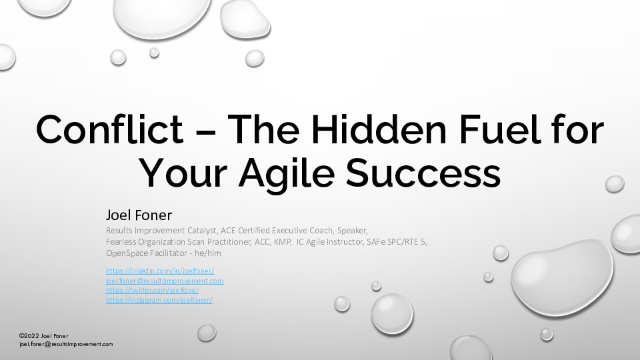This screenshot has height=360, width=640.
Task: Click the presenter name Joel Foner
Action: click(x=139, y=215)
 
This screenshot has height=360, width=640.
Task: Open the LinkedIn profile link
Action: click(x=160, y=271)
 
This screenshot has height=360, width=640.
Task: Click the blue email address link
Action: click(x=165, y=281)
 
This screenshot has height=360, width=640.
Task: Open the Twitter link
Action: click(x=152, y=290)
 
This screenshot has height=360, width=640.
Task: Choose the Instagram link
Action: click(x=159, y=300)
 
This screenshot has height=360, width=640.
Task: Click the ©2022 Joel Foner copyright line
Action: click(x=44, y=335)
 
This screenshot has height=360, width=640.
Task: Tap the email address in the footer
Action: click(x=66, y=344)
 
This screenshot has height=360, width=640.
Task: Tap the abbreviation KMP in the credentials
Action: click(x=282, y=242)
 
